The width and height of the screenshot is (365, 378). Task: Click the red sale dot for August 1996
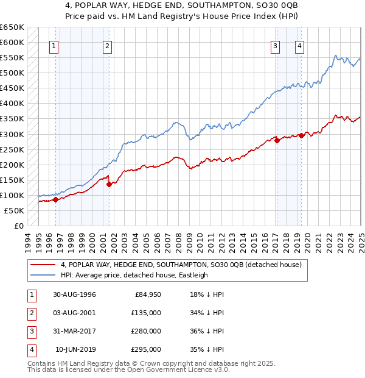click(x=55, y=199)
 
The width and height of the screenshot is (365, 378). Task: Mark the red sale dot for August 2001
click(x=109, y=184)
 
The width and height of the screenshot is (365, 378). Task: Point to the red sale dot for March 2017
click(x=277, y=140)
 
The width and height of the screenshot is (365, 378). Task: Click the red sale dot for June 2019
click(x=301, y=135)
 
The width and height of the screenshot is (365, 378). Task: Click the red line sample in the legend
click(x=43, y=265)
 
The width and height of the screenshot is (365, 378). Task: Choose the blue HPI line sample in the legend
click(x=43, y=275)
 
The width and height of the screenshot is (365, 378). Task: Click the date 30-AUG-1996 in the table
click(x=74, y=294)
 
